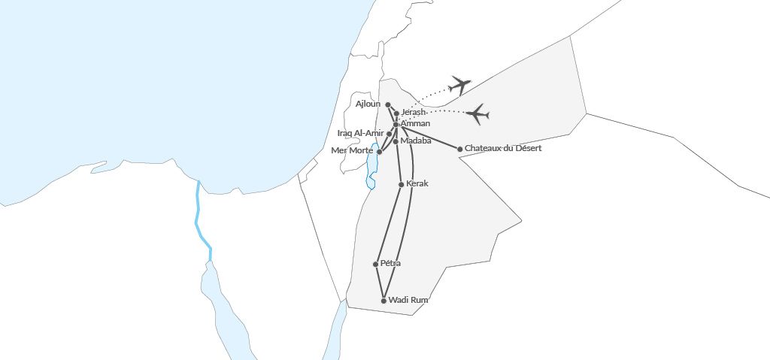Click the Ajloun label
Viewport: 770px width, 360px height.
tap(368, 104)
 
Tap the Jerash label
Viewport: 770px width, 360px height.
tap(414, 113)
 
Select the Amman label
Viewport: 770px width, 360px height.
tap(416, 123)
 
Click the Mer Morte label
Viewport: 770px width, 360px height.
tap(353, 150)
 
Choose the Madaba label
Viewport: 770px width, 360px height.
tap(416, 141)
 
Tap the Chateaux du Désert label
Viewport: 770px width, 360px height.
tap(503, 148)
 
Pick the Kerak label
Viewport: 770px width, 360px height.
tap(417, 183)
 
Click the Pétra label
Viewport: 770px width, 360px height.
tap(391, 263)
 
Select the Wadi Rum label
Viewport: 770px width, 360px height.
tap(408, 300)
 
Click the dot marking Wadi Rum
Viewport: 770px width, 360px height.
tap(384, 301)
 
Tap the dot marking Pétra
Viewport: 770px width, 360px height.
tap(375, 264)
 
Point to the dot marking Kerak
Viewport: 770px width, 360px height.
tap(401, 184)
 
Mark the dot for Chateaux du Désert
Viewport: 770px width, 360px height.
tap(460, 149)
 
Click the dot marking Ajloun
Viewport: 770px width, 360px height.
tap(388, 104)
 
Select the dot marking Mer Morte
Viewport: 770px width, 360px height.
tap(379, 152)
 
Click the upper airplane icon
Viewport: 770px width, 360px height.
tap(459, 85)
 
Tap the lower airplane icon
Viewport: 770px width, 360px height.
tap(477, 114)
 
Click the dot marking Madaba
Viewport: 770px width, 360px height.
tap(396, 141)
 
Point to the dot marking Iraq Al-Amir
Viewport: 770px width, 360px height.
tap(390, 134)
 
